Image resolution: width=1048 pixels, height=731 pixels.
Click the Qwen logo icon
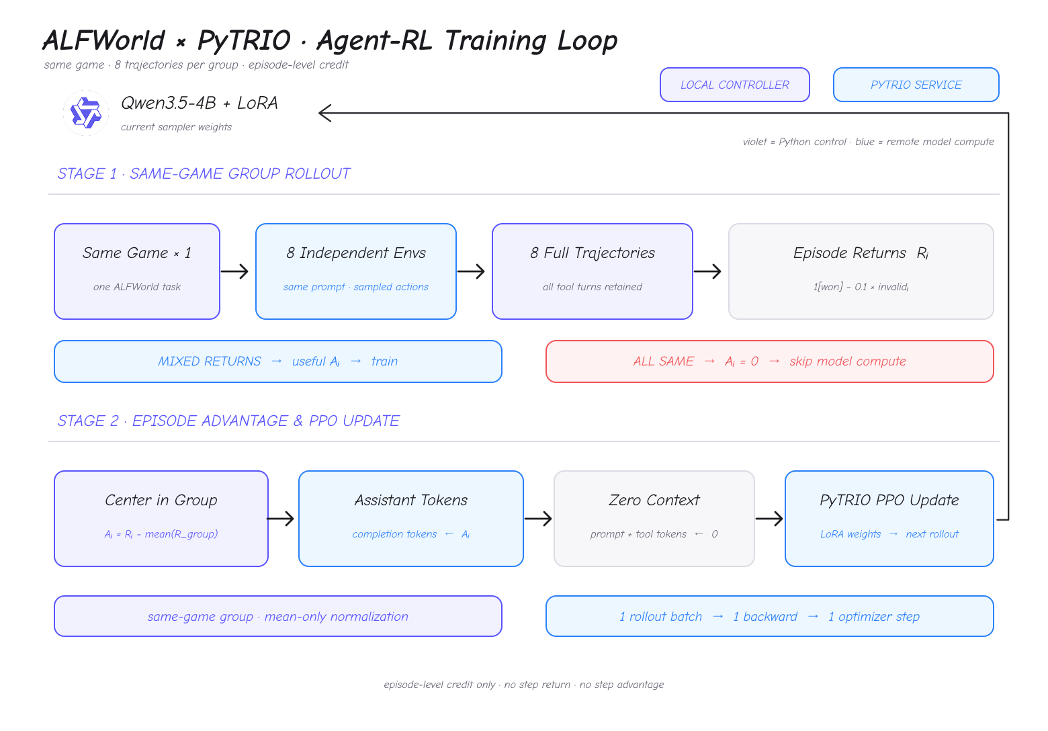pyautogui.click(x=86, y=113)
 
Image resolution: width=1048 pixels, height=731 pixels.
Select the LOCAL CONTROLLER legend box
pyautogui.click(x=734, y=85)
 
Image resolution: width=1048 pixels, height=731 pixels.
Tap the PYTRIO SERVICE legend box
pyautogui.click(x=916, y=85)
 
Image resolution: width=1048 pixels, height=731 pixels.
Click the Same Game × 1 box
pyautogui.click(x=137, y=271)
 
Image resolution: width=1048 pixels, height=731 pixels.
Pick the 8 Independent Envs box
pyautogui.click(x=356, y=271)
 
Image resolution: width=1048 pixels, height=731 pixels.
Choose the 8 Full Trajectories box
pyautogui.click(x=593, y=271)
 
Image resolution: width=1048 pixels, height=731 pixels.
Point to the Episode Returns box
pyautogui.click(x=861, y=271)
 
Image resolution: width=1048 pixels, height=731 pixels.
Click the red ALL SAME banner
pyautogui.click(x=770, y=361)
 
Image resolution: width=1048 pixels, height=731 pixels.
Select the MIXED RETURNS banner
pyautogui.click(x=278, y=361)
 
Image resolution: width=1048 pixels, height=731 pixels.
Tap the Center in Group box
pyautogui.click(x=161, y=519)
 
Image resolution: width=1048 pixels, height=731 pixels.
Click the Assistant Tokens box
pyautogui.click(x=410, y=519)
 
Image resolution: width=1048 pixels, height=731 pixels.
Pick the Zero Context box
pyautogui.click(x=654, y=519)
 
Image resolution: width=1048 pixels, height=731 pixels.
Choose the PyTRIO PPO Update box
pyautogui.click(x=889, y=519)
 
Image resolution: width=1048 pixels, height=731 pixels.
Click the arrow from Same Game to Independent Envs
pyautogui.click(x=234, y=271)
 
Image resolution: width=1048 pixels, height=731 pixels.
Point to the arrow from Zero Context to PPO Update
pyautogui.click(x=769, y=519)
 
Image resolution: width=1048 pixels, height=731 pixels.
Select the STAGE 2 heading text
pyautogui.click(x=228, y=421)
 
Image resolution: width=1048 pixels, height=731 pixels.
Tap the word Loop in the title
pyautogui.click(x=587, y=41)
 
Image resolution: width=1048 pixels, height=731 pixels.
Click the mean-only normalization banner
pyautogui.click(x=278, y=616)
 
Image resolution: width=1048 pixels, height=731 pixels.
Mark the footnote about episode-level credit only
pyautogui.click(x=523, y=685)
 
